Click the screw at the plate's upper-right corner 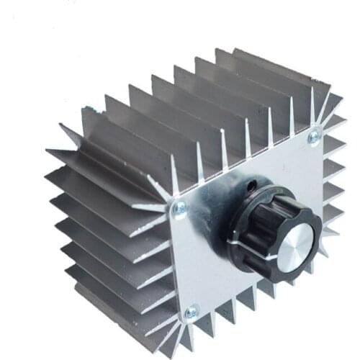click(x=314, y=137)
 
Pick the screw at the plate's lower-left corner click(x=191, y=312)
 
